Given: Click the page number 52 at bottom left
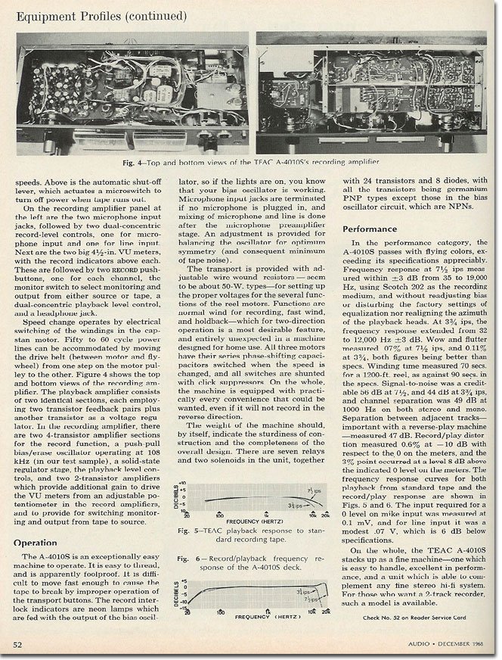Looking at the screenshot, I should point(16,645).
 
